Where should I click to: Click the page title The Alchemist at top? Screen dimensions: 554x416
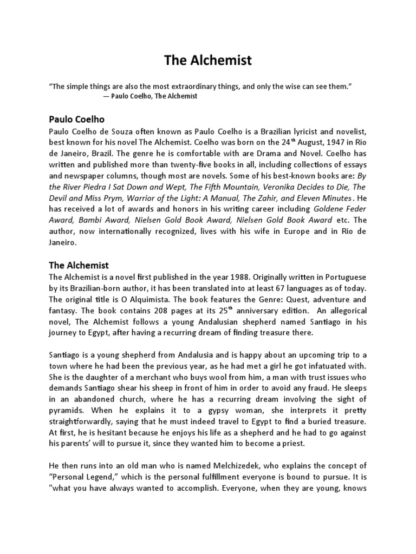tap(208, 61)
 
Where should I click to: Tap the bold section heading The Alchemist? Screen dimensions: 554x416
tap(79, 265)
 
